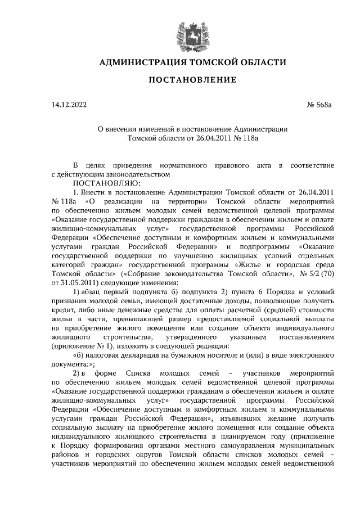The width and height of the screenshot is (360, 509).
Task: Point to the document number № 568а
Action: click(x=321, y=105)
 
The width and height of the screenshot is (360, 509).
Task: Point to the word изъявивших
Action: click(x=241, y=420)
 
